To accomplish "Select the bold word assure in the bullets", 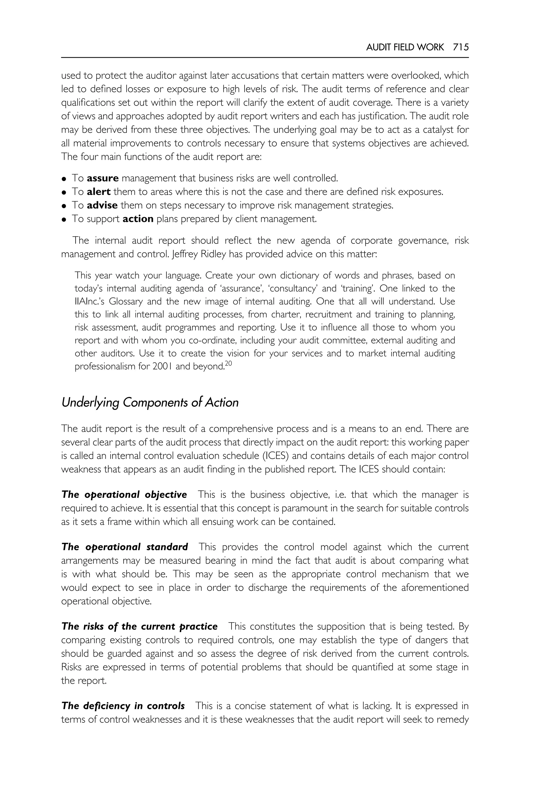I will [x=103, y=178].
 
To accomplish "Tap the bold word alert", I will [x=99, y=192].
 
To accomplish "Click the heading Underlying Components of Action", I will [x=150, y=403].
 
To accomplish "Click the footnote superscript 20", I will [x=228, y=364].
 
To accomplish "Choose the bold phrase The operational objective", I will [x=124, y=495].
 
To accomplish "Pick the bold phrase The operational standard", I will [x=125, y=547].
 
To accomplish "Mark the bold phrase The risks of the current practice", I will [x=139, y=626].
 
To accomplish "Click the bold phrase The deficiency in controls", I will [x=123, y=706].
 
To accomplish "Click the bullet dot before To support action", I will [x=64, y=220].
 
